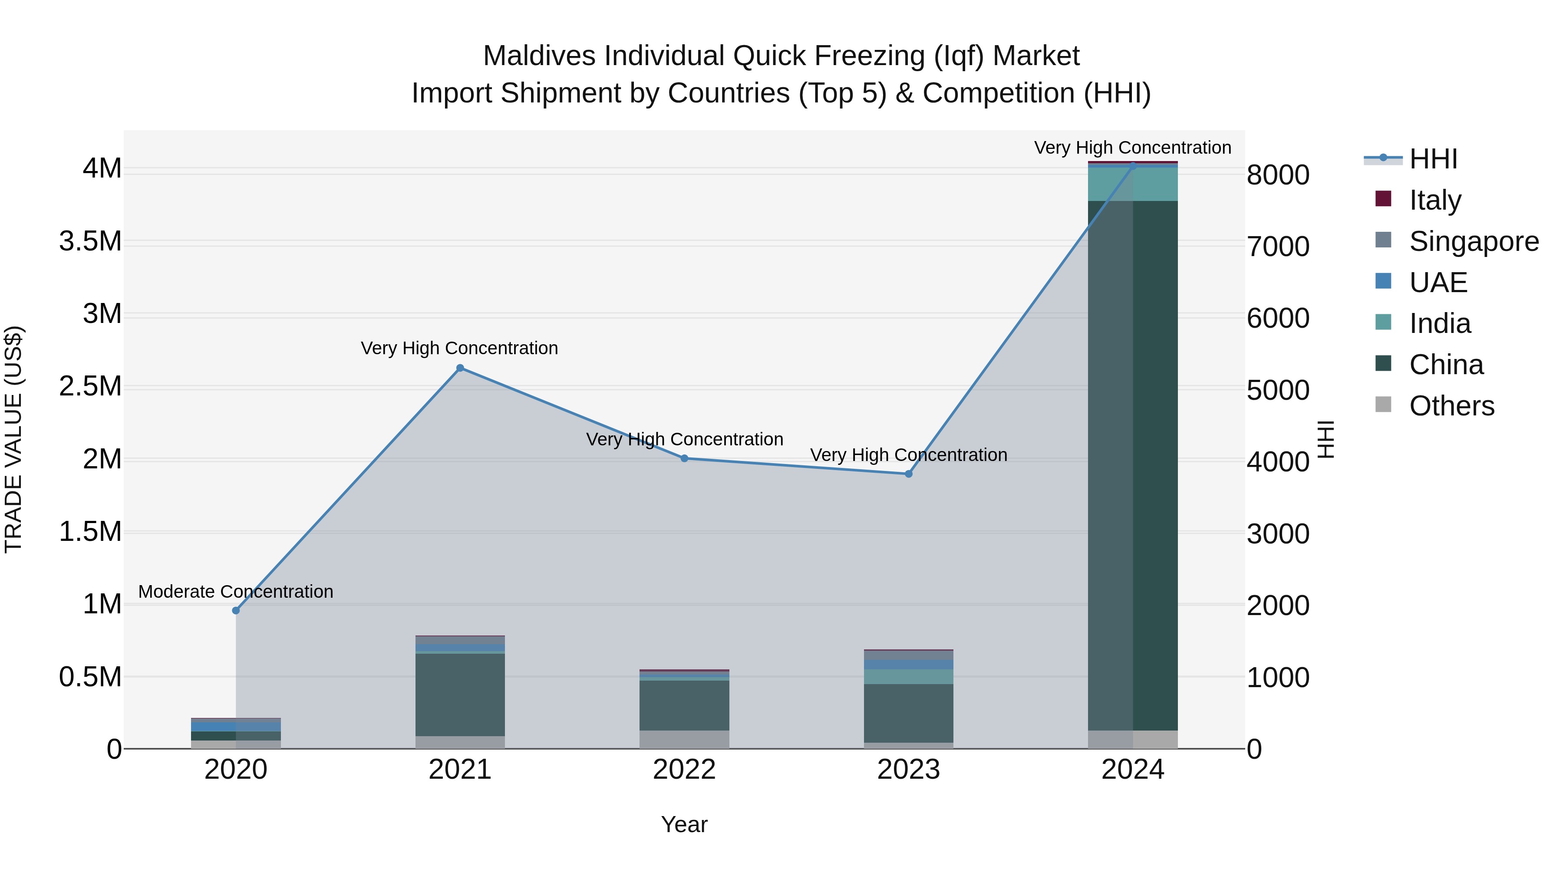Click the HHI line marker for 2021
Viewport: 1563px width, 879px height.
click(x=460, y=368)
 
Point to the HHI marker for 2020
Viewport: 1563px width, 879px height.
click(x=236, y=610)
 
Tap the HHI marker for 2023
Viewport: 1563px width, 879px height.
click(x=908, y=474)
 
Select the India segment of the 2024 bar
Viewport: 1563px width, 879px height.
click(x=1133, y=184)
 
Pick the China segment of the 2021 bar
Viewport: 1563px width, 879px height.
click(x=460, y=695)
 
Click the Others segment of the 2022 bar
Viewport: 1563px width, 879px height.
click(x=684, y=740)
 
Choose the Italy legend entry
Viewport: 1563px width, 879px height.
click(x=1434, y=200)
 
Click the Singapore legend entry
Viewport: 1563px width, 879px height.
click(x=1473, y=241)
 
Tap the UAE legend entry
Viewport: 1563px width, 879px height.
click(x=1438, y=282)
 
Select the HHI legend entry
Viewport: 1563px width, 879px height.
click(x=1433, y=159)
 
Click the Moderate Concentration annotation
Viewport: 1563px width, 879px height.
click(x=236, y=592)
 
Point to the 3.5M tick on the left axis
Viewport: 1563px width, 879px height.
click(x=90, y=241)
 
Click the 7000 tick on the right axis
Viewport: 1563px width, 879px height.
click(x=1278, y=247)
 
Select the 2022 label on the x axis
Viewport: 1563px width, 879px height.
click(x=684, y=770)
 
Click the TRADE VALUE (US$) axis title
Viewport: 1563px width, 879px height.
click(x=14, y=439)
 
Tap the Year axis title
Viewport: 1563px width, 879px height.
click(x=684, y=824)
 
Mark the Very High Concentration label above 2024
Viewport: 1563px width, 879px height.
click(x=1133, y=148)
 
